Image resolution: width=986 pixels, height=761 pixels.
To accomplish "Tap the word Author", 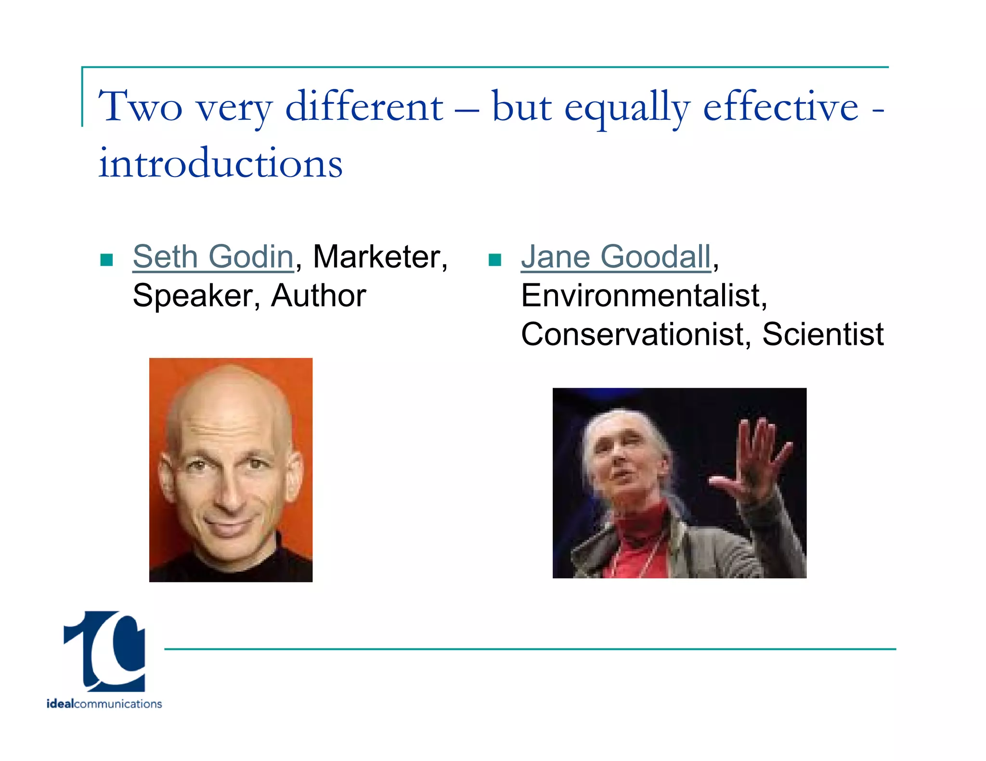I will point(318,295).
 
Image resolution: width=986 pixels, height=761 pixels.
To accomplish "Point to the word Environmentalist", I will point(643,295).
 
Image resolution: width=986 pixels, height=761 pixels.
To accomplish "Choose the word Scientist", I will point(823,334).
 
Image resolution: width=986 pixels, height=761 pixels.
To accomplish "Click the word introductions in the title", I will point(221,164).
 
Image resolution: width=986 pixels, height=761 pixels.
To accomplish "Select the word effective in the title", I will point(780,107).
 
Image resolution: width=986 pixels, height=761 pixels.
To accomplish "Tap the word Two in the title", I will point(140,107).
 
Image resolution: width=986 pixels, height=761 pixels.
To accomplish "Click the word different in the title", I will point(364,107).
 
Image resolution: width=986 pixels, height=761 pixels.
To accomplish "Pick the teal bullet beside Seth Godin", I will point(106,260).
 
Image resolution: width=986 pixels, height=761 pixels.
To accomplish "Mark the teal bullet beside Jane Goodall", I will point(495,260).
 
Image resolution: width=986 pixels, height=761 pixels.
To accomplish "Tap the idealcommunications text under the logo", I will point(104,704).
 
